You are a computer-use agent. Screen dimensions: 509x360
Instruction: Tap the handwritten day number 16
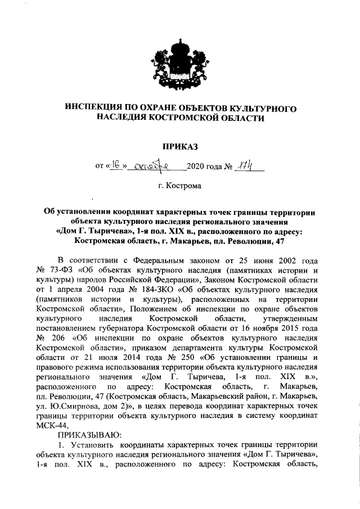[116, 166]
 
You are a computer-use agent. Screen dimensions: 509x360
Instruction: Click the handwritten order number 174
[242, 166]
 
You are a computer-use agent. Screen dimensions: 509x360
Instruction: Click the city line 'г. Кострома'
[179, 184]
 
